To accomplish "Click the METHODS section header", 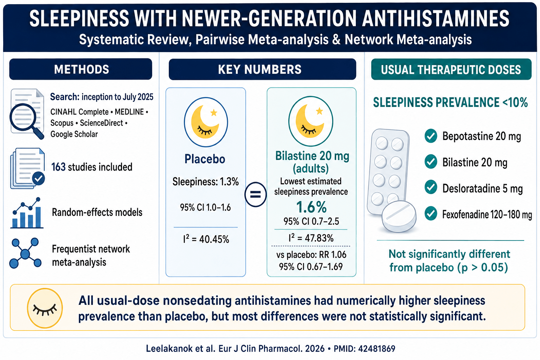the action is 81,69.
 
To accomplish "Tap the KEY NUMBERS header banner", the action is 262,69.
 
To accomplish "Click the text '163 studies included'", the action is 92,167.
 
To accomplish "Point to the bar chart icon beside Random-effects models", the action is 27,213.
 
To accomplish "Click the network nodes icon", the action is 25,253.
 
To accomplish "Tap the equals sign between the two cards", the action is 256,194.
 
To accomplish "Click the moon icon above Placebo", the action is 206,122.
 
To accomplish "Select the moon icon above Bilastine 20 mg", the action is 311,121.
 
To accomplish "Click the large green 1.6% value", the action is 311,207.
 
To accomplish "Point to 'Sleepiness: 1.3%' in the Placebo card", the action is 205,181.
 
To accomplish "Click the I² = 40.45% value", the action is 206,239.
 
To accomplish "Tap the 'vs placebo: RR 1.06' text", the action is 311,255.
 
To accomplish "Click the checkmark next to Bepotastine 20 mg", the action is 431,136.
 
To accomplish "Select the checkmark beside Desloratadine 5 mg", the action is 431,188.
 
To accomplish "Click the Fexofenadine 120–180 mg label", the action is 487,214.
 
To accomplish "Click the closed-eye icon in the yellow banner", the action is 45,308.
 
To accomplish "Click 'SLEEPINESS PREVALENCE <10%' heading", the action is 450,102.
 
